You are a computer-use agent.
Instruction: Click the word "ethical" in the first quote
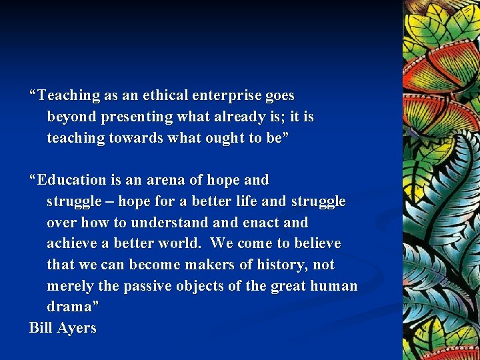pos(165,96)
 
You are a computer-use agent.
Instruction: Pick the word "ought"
pos(227,139)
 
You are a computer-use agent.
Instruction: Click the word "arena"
pos(167,180)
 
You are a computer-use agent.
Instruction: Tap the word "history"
pos(279,265)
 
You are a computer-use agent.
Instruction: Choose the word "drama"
pos(71,307)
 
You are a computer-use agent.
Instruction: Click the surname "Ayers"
pos(77,329)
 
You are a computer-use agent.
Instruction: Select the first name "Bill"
pos(41,329)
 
